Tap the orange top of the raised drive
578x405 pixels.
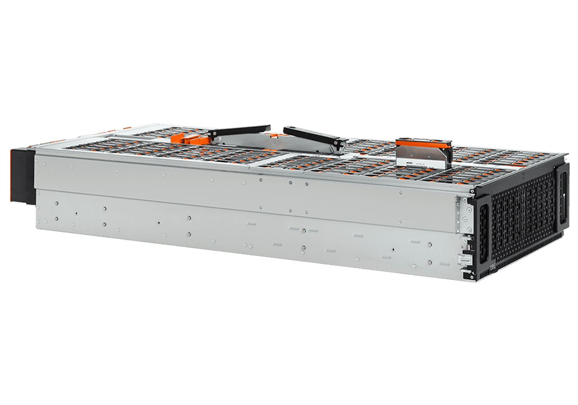424,143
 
